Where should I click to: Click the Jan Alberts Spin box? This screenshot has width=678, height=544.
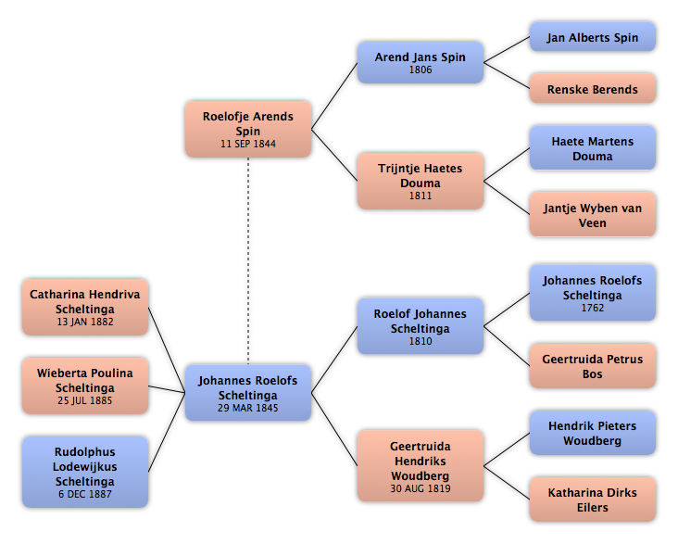point(593,37)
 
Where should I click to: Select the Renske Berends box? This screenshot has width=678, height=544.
point(593,89)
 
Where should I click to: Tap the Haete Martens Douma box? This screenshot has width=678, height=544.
point(593,148)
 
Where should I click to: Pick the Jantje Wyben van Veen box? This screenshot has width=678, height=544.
point(593,215)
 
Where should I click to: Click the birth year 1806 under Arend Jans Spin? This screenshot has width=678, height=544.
point(421,70)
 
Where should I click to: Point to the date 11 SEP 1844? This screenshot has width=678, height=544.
point(248,144)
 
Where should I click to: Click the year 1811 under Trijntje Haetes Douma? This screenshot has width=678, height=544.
point(421,196)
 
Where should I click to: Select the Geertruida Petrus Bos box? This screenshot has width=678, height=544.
point(593,366)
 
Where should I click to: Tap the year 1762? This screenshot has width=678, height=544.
point(593,308)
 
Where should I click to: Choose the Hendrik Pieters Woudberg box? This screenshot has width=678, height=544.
point(593,433)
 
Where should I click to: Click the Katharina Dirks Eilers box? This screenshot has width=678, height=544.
point(593,500)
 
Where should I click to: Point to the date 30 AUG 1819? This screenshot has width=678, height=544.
point(421,488)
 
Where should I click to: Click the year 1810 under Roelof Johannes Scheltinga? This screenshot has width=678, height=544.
point(421,341)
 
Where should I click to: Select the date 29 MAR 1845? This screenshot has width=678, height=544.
point(248,408)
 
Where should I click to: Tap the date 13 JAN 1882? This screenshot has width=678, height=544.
point(85,322)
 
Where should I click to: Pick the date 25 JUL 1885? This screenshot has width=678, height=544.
point(85,400)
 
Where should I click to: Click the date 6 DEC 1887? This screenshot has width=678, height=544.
point(85,494)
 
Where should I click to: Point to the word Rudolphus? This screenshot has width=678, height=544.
point(85,452)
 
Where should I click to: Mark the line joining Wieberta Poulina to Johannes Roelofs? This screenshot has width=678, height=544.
point(167,389)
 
